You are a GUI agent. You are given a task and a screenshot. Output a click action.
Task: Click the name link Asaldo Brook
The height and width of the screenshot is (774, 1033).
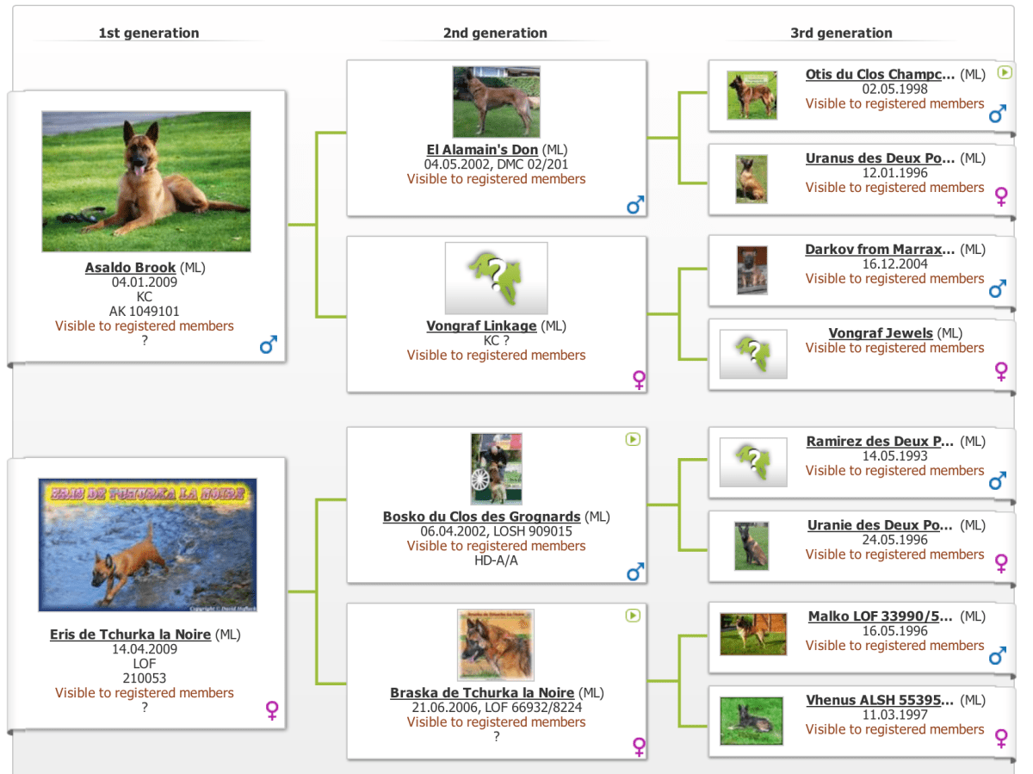pos(130,267)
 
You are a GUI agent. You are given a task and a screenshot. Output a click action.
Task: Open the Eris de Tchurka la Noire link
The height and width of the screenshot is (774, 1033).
pos(130,635)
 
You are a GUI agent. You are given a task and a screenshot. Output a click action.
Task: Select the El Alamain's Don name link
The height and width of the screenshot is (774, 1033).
pos(482,150)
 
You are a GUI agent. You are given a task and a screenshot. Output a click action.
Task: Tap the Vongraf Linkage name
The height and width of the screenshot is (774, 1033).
pos(481,325)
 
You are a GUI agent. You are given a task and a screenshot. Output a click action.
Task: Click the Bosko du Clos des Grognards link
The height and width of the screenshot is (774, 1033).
pos(481,517)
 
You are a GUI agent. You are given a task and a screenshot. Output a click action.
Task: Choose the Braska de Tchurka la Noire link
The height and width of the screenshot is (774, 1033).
pos(482,692)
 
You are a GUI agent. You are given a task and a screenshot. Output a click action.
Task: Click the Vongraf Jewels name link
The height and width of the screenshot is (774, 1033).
pos(881,333)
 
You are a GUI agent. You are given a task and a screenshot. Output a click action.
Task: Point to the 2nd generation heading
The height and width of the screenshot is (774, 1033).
pos(495,33)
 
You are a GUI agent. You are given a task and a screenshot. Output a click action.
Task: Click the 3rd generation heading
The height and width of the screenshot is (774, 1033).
pos(841,33)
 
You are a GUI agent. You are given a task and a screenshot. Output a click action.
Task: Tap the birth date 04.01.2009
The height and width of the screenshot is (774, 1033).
pos(145,282)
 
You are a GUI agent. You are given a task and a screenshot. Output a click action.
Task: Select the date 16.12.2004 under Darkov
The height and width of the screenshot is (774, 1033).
pos(894,264)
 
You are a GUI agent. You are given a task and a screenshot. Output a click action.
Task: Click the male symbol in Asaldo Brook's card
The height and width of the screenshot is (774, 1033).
pos(269,344)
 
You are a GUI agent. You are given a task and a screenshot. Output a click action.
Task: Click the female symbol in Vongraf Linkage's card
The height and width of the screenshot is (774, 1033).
pos(639,380)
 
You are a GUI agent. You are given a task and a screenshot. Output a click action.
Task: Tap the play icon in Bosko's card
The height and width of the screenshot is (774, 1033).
pos(633,439)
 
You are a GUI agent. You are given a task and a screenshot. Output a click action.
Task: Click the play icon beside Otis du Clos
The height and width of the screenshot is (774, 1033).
pos(1005,72)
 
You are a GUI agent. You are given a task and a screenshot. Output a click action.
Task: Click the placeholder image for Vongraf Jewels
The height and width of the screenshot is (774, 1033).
pos(753,354)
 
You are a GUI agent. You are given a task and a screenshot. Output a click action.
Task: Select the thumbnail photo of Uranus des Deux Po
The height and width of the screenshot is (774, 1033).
pos(752,179)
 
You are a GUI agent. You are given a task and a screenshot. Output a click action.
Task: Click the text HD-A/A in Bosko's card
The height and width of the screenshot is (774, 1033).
pos(496,560)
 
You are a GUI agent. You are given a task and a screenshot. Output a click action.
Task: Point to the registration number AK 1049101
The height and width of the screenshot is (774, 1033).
pos(145,311)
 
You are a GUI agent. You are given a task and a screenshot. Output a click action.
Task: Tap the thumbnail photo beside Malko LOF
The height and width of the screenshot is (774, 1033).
pos(753,634)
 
